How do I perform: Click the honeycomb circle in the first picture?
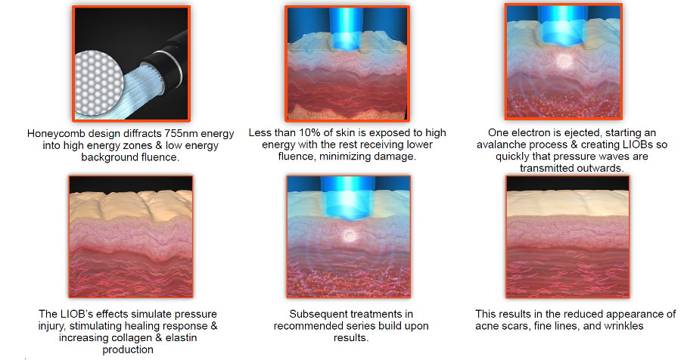pyautogui.click(x=96, y=82)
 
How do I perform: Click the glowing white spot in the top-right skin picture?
pyautogui.click(x=564, y=61)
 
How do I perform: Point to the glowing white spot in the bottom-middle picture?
pyautogui.click(x=350, y=236)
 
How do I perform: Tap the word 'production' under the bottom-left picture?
pyautogui.click(x=128, y=349)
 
